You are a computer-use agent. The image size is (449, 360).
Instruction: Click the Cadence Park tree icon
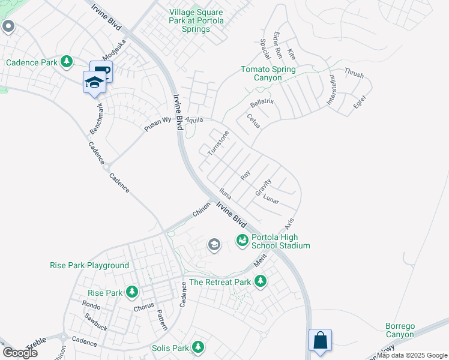(x=67, y=62)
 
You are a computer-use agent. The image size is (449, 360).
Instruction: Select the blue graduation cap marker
(x=94, y=82)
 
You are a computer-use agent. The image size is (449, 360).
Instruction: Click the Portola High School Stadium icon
(x=243, y=240)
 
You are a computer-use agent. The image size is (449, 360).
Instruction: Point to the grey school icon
(x=214, y=244)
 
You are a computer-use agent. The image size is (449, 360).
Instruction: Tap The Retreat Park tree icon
(x=260, y=281)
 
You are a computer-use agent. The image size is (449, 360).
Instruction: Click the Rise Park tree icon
(x=132, y=293)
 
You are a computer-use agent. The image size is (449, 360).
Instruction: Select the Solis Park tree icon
(x=197, y=347)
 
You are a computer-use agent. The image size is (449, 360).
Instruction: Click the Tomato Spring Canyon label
(x=268, y=73)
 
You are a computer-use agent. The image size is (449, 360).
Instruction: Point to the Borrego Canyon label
(x=400, y=330)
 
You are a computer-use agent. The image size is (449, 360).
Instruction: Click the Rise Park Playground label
(x=89, y=265)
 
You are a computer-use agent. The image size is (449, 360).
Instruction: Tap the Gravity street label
(x=264, y=187)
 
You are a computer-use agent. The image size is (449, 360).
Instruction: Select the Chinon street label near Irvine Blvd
(x=202, y=209)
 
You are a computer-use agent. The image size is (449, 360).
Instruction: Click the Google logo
(x=20, y=352)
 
